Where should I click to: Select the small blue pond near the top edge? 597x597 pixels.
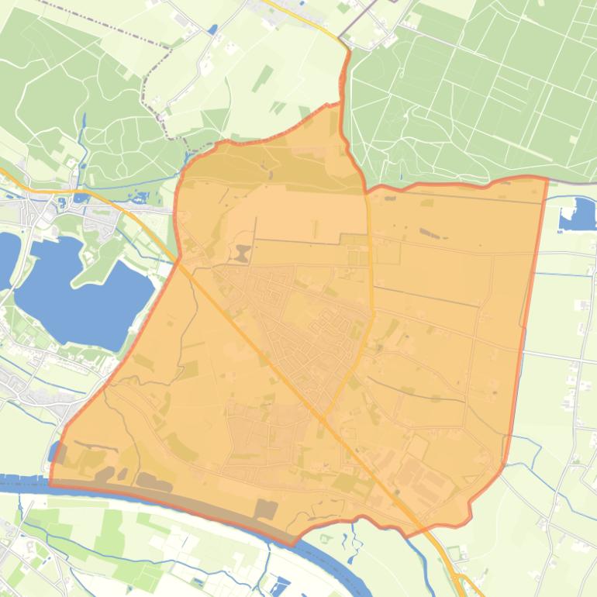pos(212,29)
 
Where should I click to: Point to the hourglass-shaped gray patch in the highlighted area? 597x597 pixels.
pos(243,254)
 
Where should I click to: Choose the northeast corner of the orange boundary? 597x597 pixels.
pos(547,179)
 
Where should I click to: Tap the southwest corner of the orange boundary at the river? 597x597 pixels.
pos(51,483)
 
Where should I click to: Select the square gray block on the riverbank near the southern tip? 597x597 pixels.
pos(265,509)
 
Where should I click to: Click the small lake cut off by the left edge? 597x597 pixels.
pos(6,256)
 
